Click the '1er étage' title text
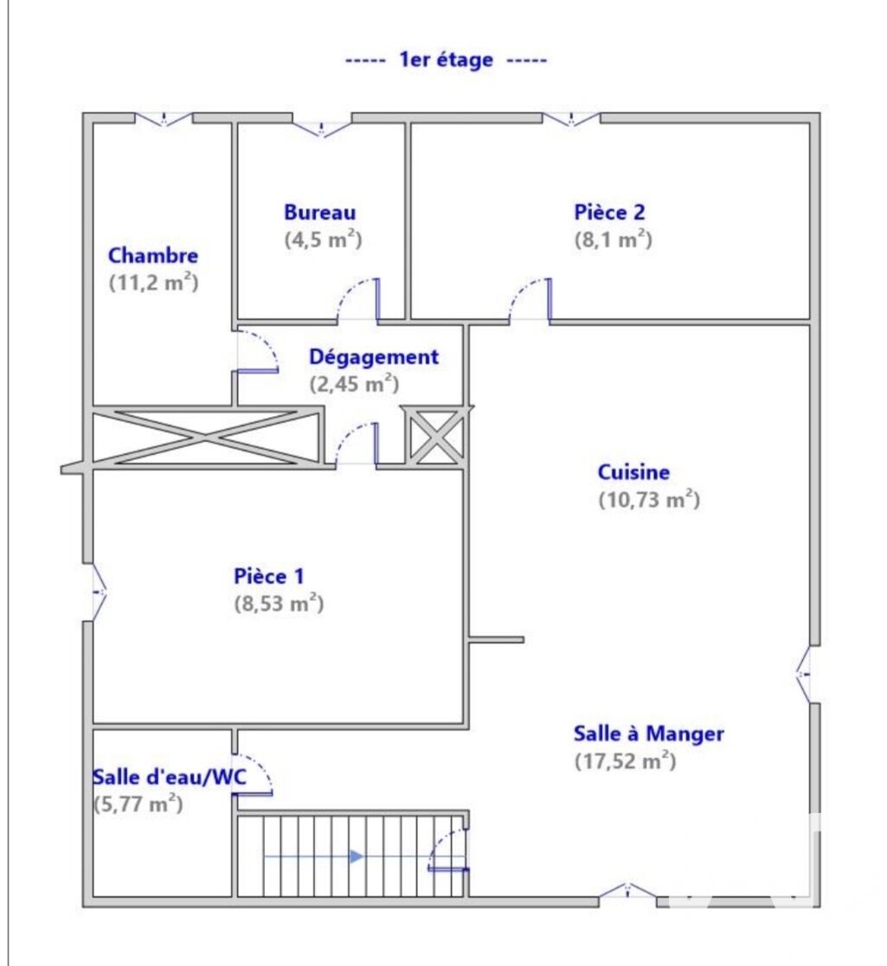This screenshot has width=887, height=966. [x=447, y=60]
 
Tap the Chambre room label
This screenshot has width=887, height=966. [x=153, y=255]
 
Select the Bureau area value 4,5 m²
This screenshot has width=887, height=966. [x=323, y=239]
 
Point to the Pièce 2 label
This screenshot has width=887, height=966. [x=609, y=212]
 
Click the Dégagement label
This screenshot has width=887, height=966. [x=374, y=356]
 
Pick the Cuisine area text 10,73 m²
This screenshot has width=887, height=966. [x=649, y=499]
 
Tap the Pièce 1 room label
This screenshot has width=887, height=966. [x=269, y=576]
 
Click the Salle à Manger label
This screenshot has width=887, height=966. [x=648, y=733]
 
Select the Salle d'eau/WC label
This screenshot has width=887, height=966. [x=170, y=777]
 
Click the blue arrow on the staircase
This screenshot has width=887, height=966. [x=313, y=856]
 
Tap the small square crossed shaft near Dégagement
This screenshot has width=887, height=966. [x=435, y=435]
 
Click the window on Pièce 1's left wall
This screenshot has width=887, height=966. [x=99, y=592]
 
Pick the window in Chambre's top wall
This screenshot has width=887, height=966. [x=164, y=118]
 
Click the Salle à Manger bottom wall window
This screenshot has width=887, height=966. [x=627, y=891]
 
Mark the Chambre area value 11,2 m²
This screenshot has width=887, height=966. [x=153, y=283]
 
